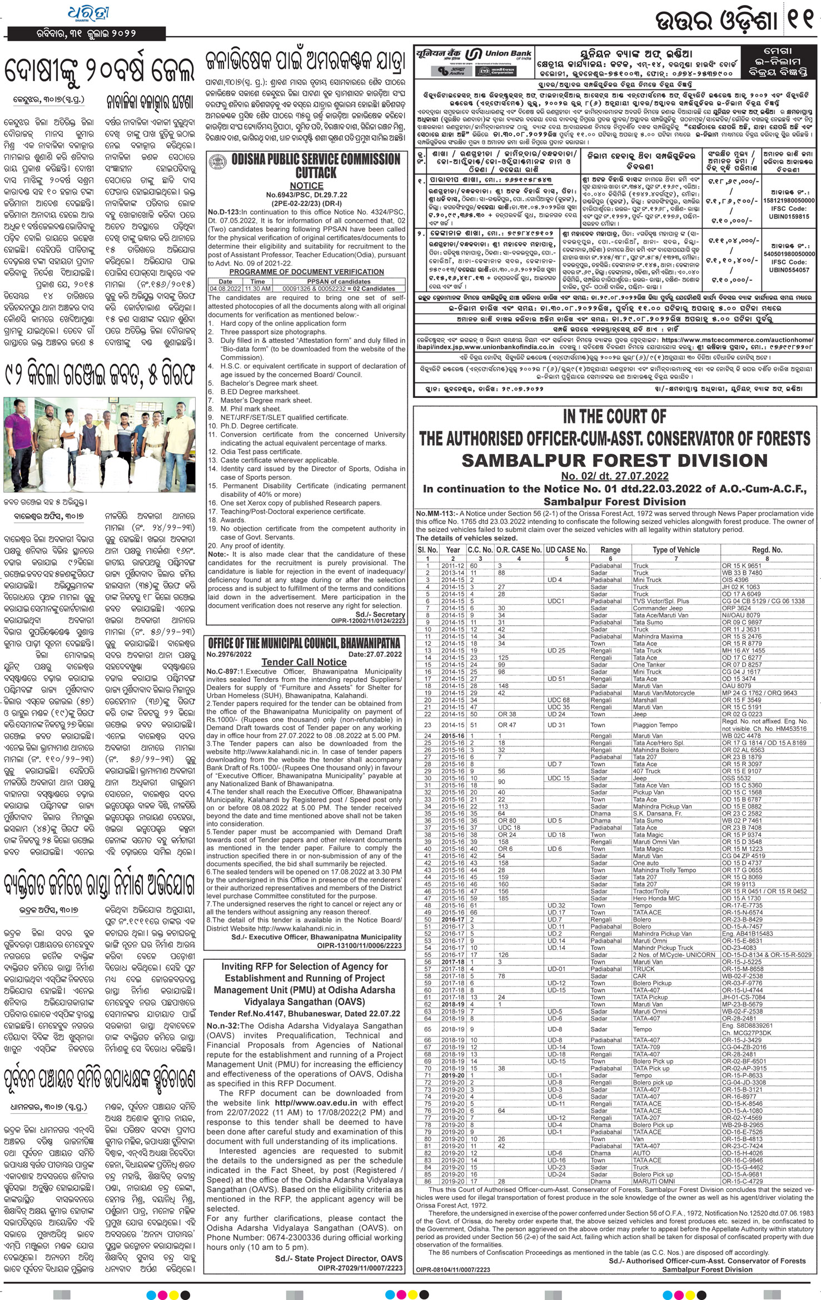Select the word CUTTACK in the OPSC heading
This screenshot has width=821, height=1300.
pyautogui.click(x=316, y=172)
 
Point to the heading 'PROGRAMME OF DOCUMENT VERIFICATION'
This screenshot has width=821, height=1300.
pyautogui.click(x=306, y=272)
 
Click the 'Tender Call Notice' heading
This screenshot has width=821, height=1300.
pyautogui.click(x=304, y=662)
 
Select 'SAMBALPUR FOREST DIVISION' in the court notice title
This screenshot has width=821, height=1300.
pyautogui.click(x=614, y=460)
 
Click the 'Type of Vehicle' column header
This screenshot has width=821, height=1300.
pyautogui.click(x=676, y=550)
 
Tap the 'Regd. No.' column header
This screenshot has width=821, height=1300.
pyautogui.click(x=767, y=550)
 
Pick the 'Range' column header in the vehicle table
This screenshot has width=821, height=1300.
pyautogui.click(x=610, y=550)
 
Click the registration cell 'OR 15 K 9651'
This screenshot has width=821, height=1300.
pyautogui.click(x=742, y=566)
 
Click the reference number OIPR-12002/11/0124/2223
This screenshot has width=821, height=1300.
pyautogui.click(x=368, y=621)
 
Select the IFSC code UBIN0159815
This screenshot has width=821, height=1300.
pyautogui.click(x=789, y=217)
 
